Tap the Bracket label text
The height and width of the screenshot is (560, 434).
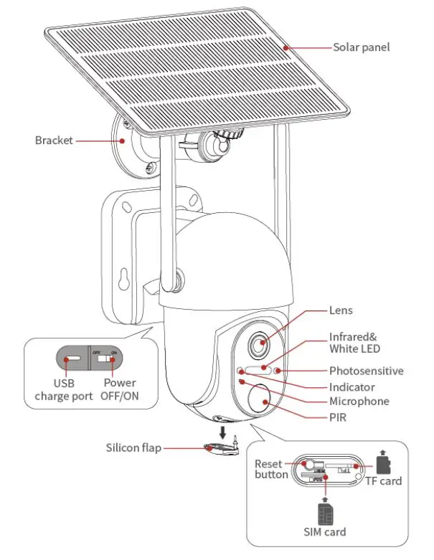[54, 141]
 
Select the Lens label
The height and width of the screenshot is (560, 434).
[341, 310]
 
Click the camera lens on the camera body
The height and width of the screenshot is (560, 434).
[259, 345]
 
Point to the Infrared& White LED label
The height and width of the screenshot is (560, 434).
[354, 342]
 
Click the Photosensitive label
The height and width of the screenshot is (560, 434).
[366, 371]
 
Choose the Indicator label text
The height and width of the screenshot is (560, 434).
[352, 386]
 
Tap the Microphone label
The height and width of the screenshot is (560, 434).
[359, 402]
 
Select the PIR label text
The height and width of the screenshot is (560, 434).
[338, 417]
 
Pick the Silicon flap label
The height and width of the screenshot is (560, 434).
[133, 448]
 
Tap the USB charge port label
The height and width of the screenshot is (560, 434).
[63, 389]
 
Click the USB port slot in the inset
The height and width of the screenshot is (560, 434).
[74, 357]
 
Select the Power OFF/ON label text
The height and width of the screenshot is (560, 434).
[119, 389]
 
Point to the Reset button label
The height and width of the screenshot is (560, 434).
[271, 469]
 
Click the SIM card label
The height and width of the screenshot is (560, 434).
[324, 531]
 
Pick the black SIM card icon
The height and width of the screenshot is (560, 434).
[324, 511]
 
